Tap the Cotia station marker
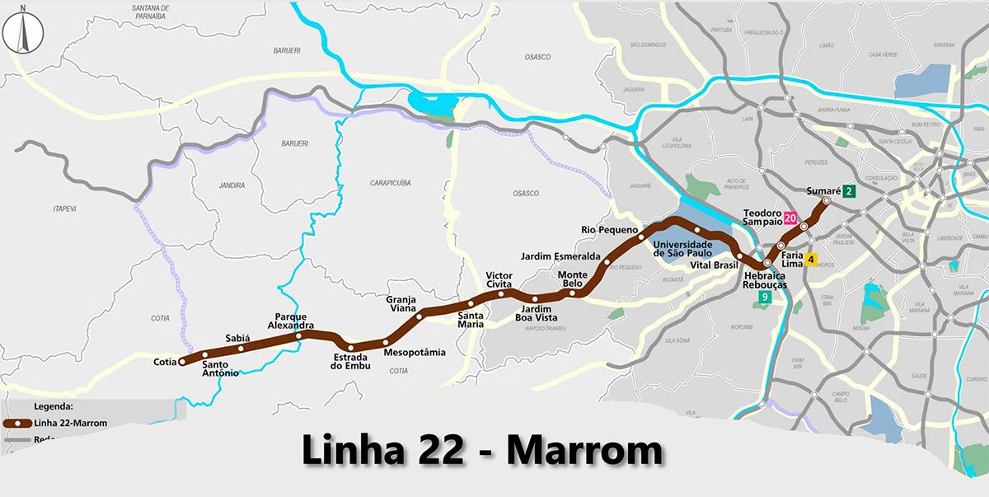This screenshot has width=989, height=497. (182, 361)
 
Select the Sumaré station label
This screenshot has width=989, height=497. (822, 191)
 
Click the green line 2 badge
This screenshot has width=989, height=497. (850, 191)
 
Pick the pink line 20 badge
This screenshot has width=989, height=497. (790, 218)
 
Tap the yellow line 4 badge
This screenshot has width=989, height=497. (811, 260)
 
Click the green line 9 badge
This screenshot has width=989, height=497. (765, 298)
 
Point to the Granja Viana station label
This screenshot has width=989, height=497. (401, 304)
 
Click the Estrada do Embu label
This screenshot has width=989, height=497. (351, 362)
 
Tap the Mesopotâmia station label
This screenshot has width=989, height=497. (415, 353)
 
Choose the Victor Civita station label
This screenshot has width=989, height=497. (499, 279)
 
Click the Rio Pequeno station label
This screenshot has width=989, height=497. (609, 230)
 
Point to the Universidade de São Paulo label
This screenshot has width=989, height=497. (682, 249)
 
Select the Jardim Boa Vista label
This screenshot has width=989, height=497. (536, 313)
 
